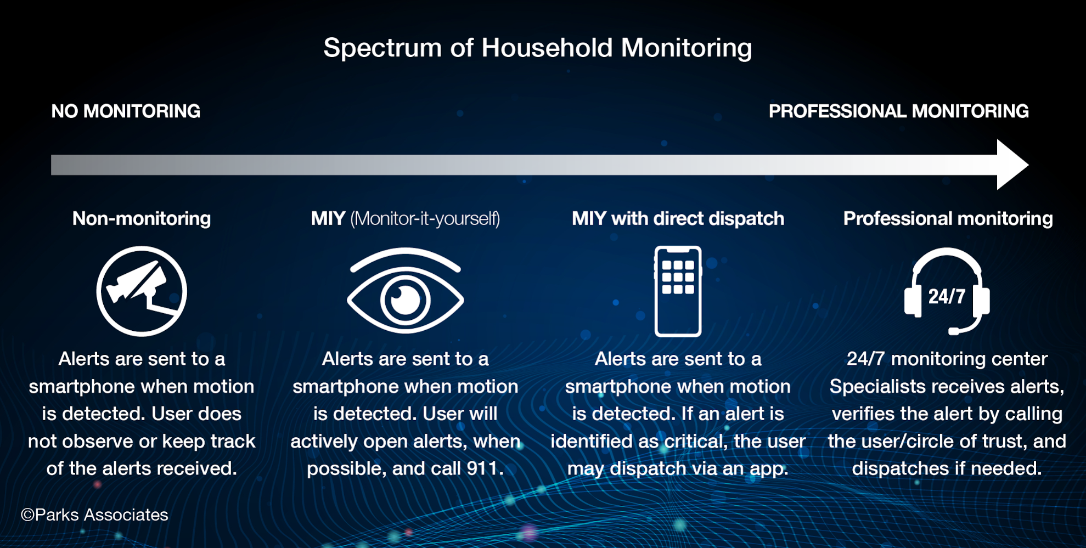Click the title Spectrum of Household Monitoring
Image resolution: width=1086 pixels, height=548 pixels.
tap(537, 48)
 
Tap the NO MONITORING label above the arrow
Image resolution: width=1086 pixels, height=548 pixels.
tap(126, 111)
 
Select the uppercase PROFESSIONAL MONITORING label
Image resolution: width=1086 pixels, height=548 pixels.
tap(898, 111)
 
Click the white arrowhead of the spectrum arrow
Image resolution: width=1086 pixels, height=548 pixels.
tap(1011, 165)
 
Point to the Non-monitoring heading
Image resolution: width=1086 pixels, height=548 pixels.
tap(142, 218)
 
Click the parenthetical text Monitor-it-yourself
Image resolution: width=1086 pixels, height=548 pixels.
tap(425, 218)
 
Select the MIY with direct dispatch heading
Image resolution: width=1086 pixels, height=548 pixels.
tap(678, 218)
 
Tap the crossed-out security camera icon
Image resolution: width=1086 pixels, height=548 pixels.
tap(142, 291)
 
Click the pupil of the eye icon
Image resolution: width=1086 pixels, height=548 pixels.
tap(405, 300)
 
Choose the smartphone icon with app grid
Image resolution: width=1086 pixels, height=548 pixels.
tap(678, 291)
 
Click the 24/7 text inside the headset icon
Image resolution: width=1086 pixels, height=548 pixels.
tap(946, 297)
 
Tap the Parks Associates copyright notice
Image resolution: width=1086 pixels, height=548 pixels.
tap(94, 515)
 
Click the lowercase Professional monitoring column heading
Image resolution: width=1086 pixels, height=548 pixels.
tap(948, 218)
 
